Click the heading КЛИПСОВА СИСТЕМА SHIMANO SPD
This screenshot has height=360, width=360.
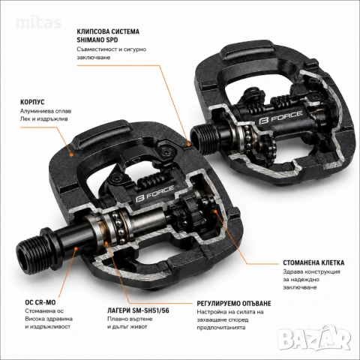point(108,36)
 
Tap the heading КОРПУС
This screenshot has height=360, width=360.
point(32,102)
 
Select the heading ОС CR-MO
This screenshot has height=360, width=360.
point(40,302)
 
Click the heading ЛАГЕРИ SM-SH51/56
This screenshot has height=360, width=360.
point(138,310)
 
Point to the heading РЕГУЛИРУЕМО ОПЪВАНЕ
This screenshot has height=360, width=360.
point(234,304)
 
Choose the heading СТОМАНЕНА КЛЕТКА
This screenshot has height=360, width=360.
point(313,262)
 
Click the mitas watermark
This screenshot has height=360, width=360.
point(39,22)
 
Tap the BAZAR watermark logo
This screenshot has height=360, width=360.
point(314,338)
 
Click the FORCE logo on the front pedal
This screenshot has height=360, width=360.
point(155,194)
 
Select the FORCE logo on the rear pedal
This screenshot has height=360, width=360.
point(280,117)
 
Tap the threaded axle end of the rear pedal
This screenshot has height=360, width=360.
point(200,140)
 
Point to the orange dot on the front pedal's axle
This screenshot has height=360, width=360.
point(76,247)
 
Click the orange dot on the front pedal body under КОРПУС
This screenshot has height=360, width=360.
point(71,154)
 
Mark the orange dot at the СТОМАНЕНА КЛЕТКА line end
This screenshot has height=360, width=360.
point(215,211)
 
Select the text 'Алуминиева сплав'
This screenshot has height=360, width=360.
point(46,111)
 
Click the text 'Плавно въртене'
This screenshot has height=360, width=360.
point(130,319)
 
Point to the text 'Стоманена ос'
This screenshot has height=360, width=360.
point(44,311)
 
